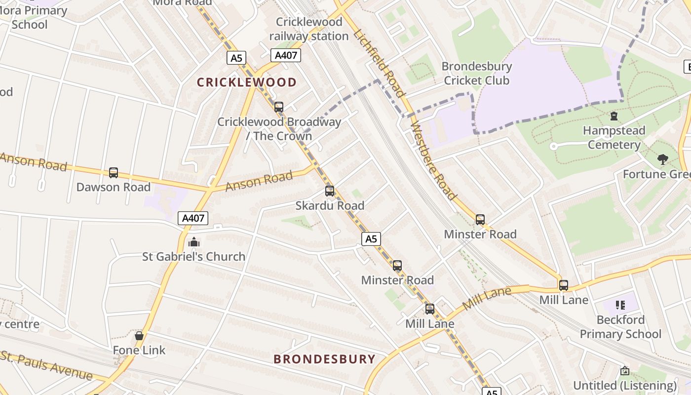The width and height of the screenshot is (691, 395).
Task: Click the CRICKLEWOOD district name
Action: [x=246, y=82]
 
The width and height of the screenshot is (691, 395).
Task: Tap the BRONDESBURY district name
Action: [x=324, y=359]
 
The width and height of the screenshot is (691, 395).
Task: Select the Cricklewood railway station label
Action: [x=309, y=29]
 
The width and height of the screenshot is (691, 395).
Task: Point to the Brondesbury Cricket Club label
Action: [x=476, y=73]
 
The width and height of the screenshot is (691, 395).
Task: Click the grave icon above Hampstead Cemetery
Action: [x=614, y=117]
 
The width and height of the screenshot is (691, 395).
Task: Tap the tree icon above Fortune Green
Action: [x=662, y=159]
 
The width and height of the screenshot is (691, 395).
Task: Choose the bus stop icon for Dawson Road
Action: [x=114, y=173]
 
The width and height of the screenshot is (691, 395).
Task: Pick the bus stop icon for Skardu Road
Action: [x=330, y=191]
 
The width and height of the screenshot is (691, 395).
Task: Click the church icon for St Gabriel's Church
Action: [x=194, y=242]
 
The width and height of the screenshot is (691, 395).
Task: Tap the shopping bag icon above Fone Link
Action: [x=139, y=336]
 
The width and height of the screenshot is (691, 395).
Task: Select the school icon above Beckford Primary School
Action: [x=620, y=305]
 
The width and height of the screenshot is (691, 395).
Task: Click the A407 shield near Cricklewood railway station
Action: [x=286, y=55]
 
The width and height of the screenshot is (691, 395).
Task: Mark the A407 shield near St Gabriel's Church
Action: [x=193, y=218]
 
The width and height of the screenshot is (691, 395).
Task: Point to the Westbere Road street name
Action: [x=433, y=161]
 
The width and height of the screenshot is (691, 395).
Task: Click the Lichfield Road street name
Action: [x=380, y=63]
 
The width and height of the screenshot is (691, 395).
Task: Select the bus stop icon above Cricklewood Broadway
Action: [x=279, y=107]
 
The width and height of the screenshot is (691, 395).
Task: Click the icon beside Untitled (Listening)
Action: [x=624, y=371]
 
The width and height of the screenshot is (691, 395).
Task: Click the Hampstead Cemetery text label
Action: [x=614, y=138]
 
